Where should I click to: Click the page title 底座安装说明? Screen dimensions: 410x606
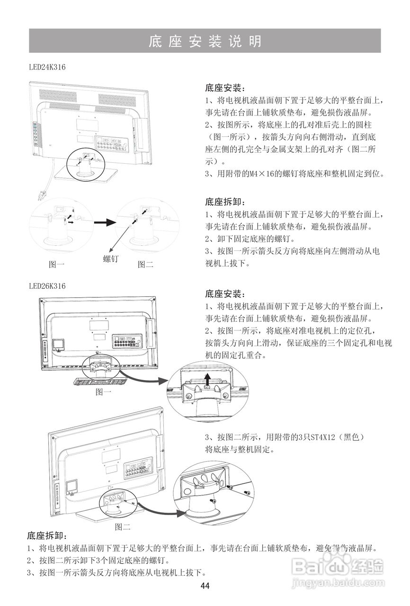(205, 41)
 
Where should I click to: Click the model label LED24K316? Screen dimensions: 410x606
(47, 67)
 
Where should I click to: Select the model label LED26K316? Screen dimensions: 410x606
(47, 286)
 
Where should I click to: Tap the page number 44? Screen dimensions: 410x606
(205, 586)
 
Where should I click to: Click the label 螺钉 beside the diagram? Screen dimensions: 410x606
(111, 259)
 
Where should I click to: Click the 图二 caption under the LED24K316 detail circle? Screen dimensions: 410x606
(145, 265)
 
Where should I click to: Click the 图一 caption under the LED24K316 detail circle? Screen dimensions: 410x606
(57, 265)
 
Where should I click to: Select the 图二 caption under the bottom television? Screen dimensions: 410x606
(123, 526)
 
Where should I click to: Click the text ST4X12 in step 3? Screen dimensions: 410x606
(316, 437)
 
